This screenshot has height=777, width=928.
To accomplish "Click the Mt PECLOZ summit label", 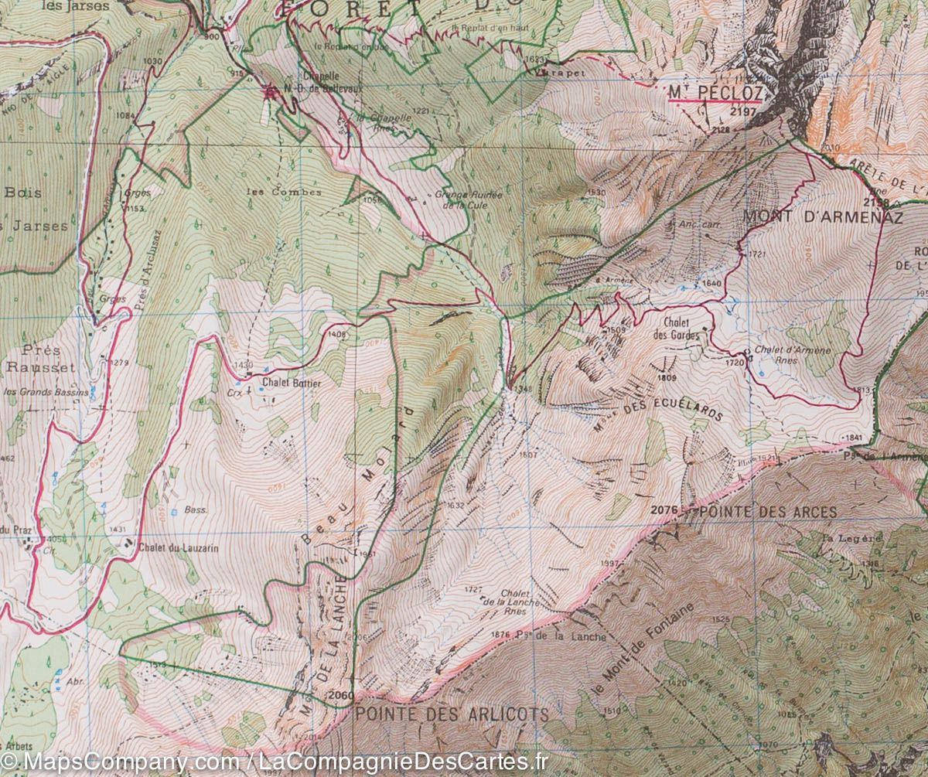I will [715, 94].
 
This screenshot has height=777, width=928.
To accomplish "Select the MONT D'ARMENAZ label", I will [823, 218].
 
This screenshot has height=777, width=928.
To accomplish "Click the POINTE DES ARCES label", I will [768, 512].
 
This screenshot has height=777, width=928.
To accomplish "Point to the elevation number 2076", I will [665, 510].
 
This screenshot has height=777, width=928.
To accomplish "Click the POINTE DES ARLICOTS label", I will [452, 714].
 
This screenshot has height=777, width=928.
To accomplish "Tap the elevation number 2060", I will [340, 695].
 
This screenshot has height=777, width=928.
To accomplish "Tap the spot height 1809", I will [667, 378].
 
